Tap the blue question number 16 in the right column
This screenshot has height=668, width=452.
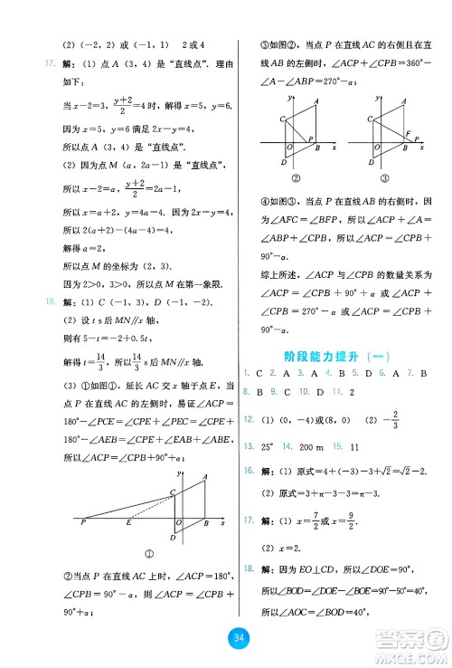(x=248, y=472)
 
